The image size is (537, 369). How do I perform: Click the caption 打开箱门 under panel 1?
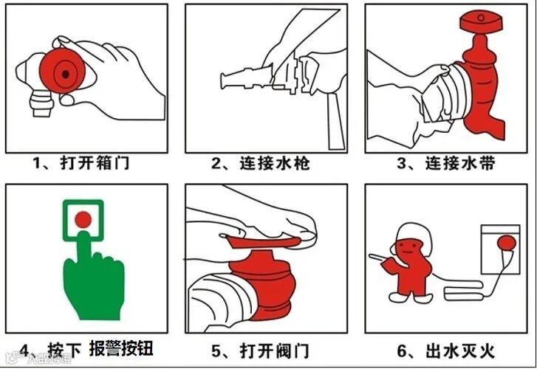(95, 162)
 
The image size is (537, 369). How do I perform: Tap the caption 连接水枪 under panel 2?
(275, 163)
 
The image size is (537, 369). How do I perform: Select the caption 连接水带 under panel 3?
(460, 163)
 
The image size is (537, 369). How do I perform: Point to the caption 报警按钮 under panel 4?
(121, 349)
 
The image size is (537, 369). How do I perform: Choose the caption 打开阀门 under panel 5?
(275, 351)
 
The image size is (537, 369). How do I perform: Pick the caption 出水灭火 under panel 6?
(460, 351)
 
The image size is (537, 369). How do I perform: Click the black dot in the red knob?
(66, 74)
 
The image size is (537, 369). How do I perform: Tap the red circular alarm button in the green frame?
(83, 219)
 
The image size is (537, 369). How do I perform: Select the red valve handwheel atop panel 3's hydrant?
(480, 21)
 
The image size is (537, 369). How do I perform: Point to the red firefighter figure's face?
(408, 248)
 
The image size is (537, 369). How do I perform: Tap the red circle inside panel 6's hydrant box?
(507, 243)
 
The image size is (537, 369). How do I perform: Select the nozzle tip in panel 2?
(224, 80)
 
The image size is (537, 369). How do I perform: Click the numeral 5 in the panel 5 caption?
(216, 351)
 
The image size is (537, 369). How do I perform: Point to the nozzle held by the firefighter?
(381, 258)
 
